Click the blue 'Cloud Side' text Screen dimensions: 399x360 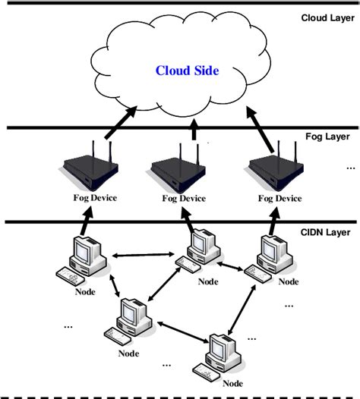pos(187,71)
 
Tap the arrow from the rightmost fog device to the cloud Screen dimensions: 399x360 pos(259,125)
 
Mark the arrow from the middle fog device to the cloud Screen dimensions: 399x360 pos(193,134)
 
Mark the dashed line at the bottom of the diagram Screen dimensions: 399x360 pos(180,394)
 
